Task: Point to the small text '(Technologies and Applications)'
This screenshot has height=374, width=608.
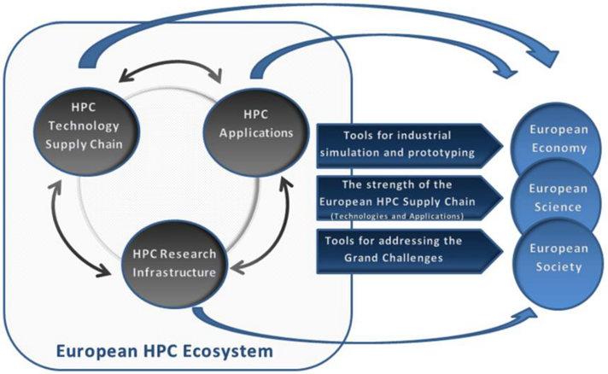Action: [x=398, y=217]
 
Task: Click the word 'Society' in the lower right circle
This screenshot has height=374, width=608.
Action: [x=558, y=266]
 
